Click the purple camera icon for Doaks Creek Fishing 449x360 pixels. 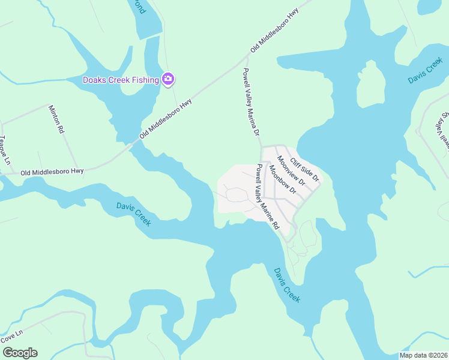[169, 79]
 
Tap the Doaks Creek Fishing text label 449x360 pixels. [121, 80]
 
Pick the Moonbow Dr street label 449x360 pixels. [283, 180]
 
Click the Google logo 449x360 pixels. [20, 353]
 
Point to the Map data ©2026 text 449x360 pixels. [423, 355]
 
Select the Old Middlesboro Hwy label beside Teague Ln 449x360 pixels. [52, 172]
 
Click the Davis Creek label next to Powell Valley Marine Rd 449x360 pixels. [287, 285]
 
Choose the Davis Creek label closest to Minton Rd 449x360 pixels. [133, 214]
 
